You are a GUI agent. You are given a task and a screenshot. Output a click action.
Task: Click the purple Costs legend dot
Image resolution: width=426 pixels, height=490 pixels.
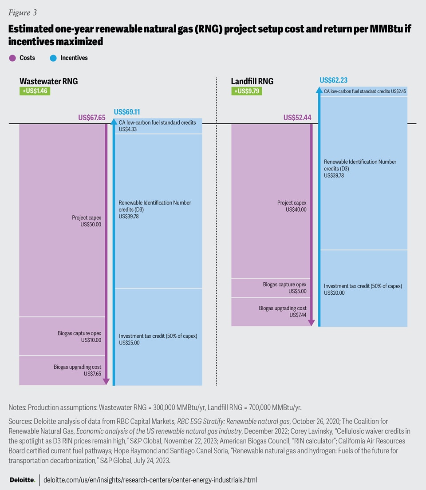(x=12, y=58)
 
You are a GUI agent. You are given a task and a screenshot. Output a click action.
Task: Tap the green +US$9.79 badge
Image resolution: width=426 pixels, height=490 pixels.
(x=247, y=91)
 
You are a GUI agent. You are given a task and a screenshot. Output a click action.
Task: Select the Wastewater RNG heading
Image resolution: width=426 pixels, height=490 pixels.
(x=48, y=81)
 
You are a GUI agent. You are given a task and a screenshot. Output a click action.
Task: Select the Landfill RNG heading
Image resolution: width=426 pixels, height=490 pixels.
(x=252, y=81)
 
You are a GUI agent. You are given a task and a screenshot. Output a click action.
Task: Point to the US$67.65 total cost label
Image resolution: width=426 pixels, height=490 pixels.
(x=91, y=118)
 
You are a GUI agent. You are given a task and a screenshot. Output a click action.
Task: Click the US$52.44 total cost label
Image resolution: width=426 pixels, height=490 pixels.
(x=297, y=118)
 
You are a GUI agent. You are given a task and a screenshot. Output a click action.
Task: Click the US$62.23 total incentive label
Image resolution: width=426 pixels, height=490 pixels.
(x=333, y=80)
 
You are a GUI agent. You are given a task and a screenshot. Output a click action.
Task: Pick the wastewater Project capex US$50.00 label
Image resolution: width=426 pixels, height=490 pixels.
(x=87, y=221)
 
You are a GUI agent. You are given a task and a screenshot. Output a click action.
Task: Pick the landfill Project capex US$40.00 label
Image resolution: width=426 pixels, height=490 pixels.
(x=292, y=206)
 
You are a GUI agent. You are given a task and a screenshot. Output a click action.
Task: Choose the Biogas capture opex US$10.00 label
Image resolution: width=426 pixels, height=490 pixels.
(x=79, y=336)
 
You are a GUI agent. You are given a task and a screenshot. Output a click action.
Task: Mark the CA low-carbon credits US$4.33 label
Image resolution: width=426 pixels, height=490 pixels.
(x=157, y=126)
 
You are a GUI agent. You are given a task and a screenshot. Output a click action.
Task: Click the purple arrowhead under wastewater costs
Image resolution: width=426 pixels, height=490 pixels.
(x=106, y=381)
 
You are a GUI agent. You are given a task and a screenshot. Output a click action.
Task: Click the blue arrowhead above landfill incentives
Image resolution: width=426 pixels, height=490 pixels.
(x=318, y=90)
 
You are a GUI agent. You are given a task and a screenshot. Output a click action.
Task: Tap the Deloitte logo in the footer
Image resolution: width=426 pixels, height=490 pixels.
(x=22, y=480)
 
